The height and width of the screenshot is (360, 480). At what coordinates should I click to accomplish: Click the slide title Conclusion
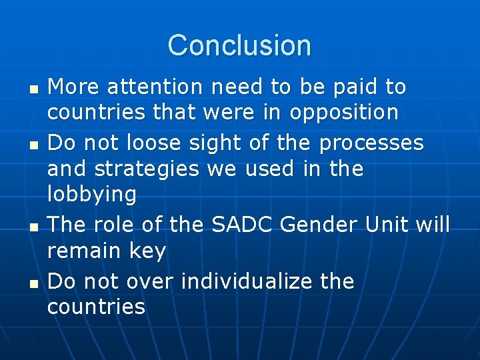coord(239,45)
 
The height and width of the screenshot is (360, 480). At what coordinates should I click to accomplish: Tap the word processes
coord(371,143)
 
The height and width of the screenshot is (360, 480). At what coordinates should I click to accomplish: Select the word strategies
coord(147,169)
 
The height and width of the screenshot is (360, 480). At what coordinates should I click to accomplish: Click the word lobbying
coord(92,195)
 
